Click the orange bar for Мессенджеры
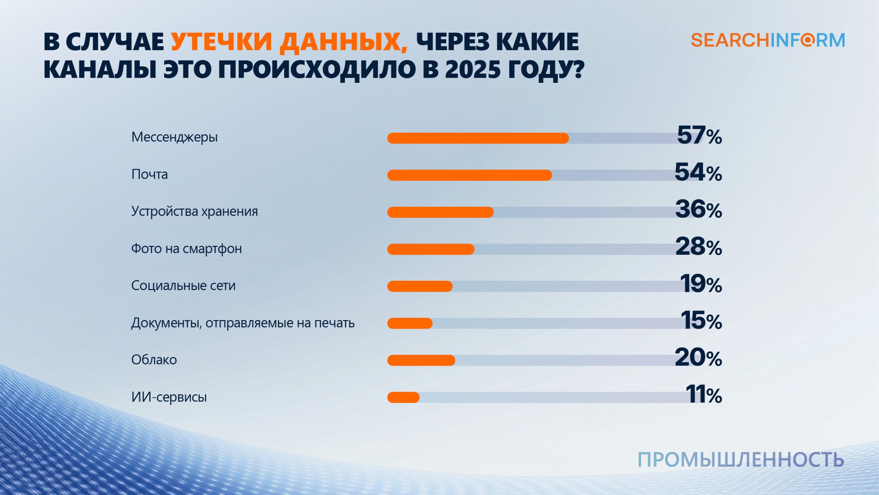[x=478, y=138]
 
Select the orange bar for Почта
[x=469, y=175]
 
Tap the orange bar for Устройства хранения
[x=441, y=212]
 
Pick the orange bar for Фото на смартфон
[x=431, y=249]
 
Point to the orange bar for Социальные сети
[x=420, y=286]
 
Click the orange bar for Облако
[x=421, y=360]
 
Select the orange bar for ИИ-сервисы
[x=403, y=397]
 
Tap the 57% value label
[x=699, y=135]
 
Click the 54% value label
[x=698, y=173]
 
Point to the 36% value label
[x=698, y=210]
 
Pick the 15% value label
[x=701, y=321]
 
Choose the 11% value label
[x=704, y=395]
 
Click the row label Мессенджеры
[x=174, y=137]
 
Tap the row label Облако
[x=154, y=360]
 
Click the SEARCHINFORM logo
[x=768, y=41]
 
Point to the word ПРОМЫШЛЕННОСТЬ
[x=741, y=460]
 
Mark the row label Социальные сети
[x=183, y=286]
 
